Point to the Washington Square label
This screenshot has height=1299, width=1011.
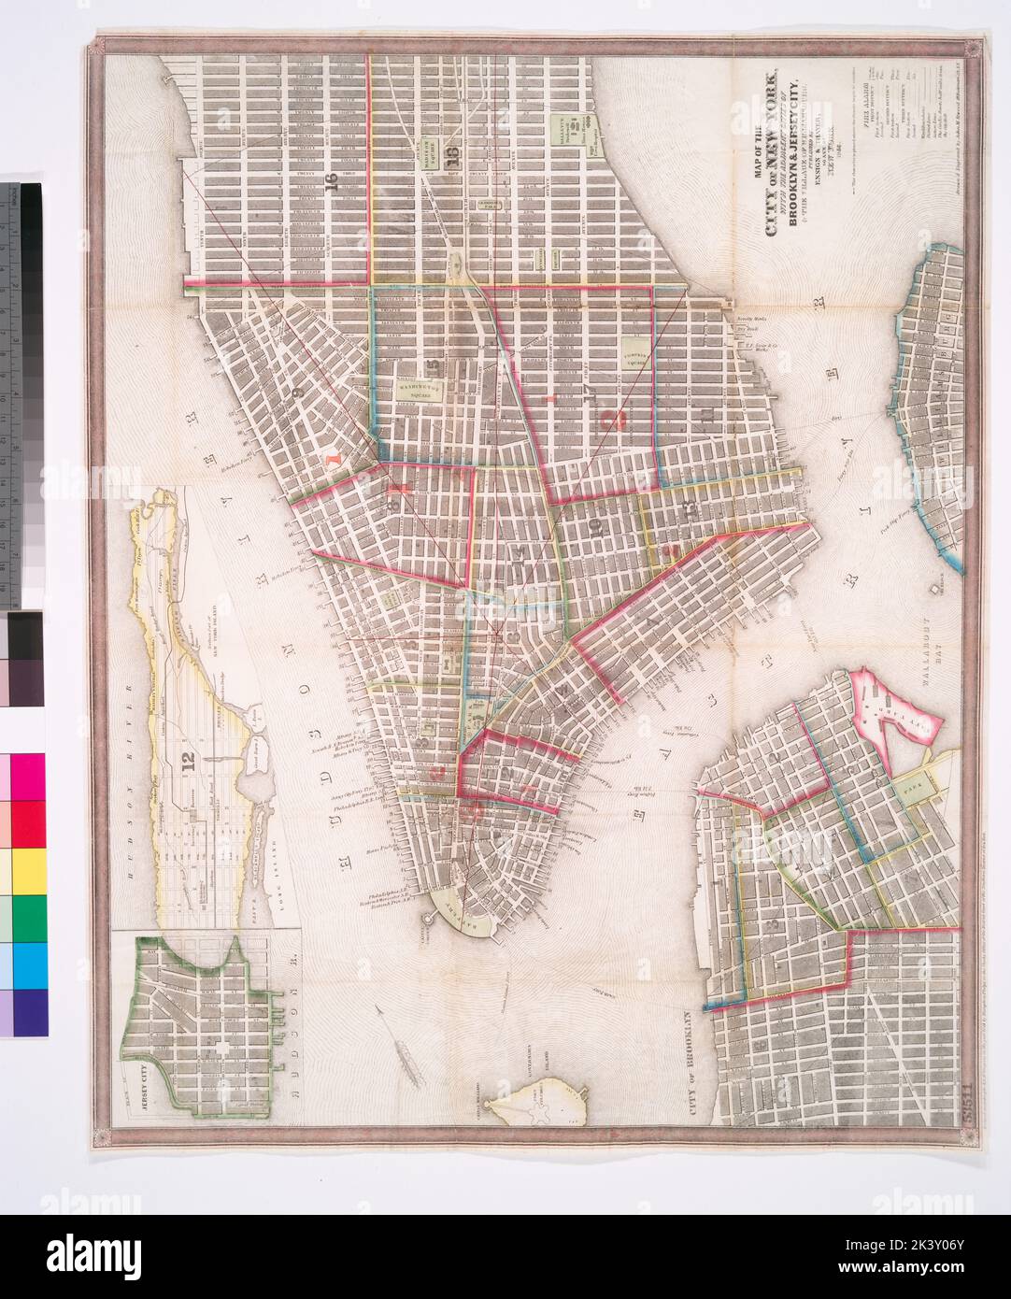(x=420, y=387)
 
